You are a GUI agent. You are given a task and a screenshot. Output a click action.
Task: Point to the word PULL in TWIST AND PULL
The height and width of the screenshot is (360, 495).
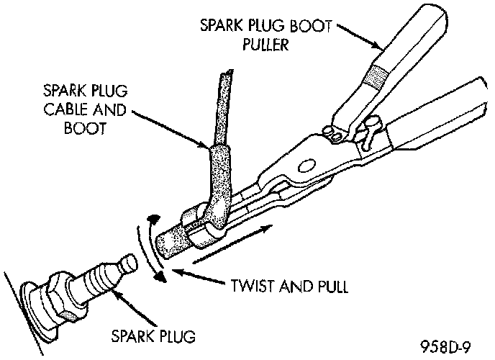pyautogui.click(x=329, y=286)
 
